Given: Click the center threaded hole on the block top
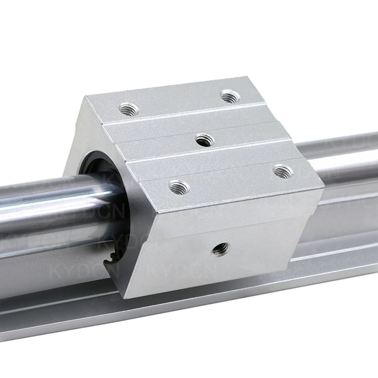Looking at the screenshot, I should (205, 141).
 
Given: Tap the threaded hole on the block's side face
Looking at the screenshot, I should (220, 248).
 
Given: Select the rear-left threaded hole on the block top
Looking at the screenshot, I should (129, 110).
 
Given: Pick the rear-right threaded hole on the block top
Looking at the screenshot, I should (230, 96).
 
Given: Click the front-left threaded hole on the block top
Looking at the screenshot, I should (179, 187).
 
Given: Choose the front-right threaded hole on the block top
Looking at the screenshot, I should (283, 171).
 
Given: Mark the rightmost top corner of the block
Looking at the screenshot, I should (324, 186).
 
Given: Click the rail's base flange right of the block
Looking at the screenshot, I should (340, 242).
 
